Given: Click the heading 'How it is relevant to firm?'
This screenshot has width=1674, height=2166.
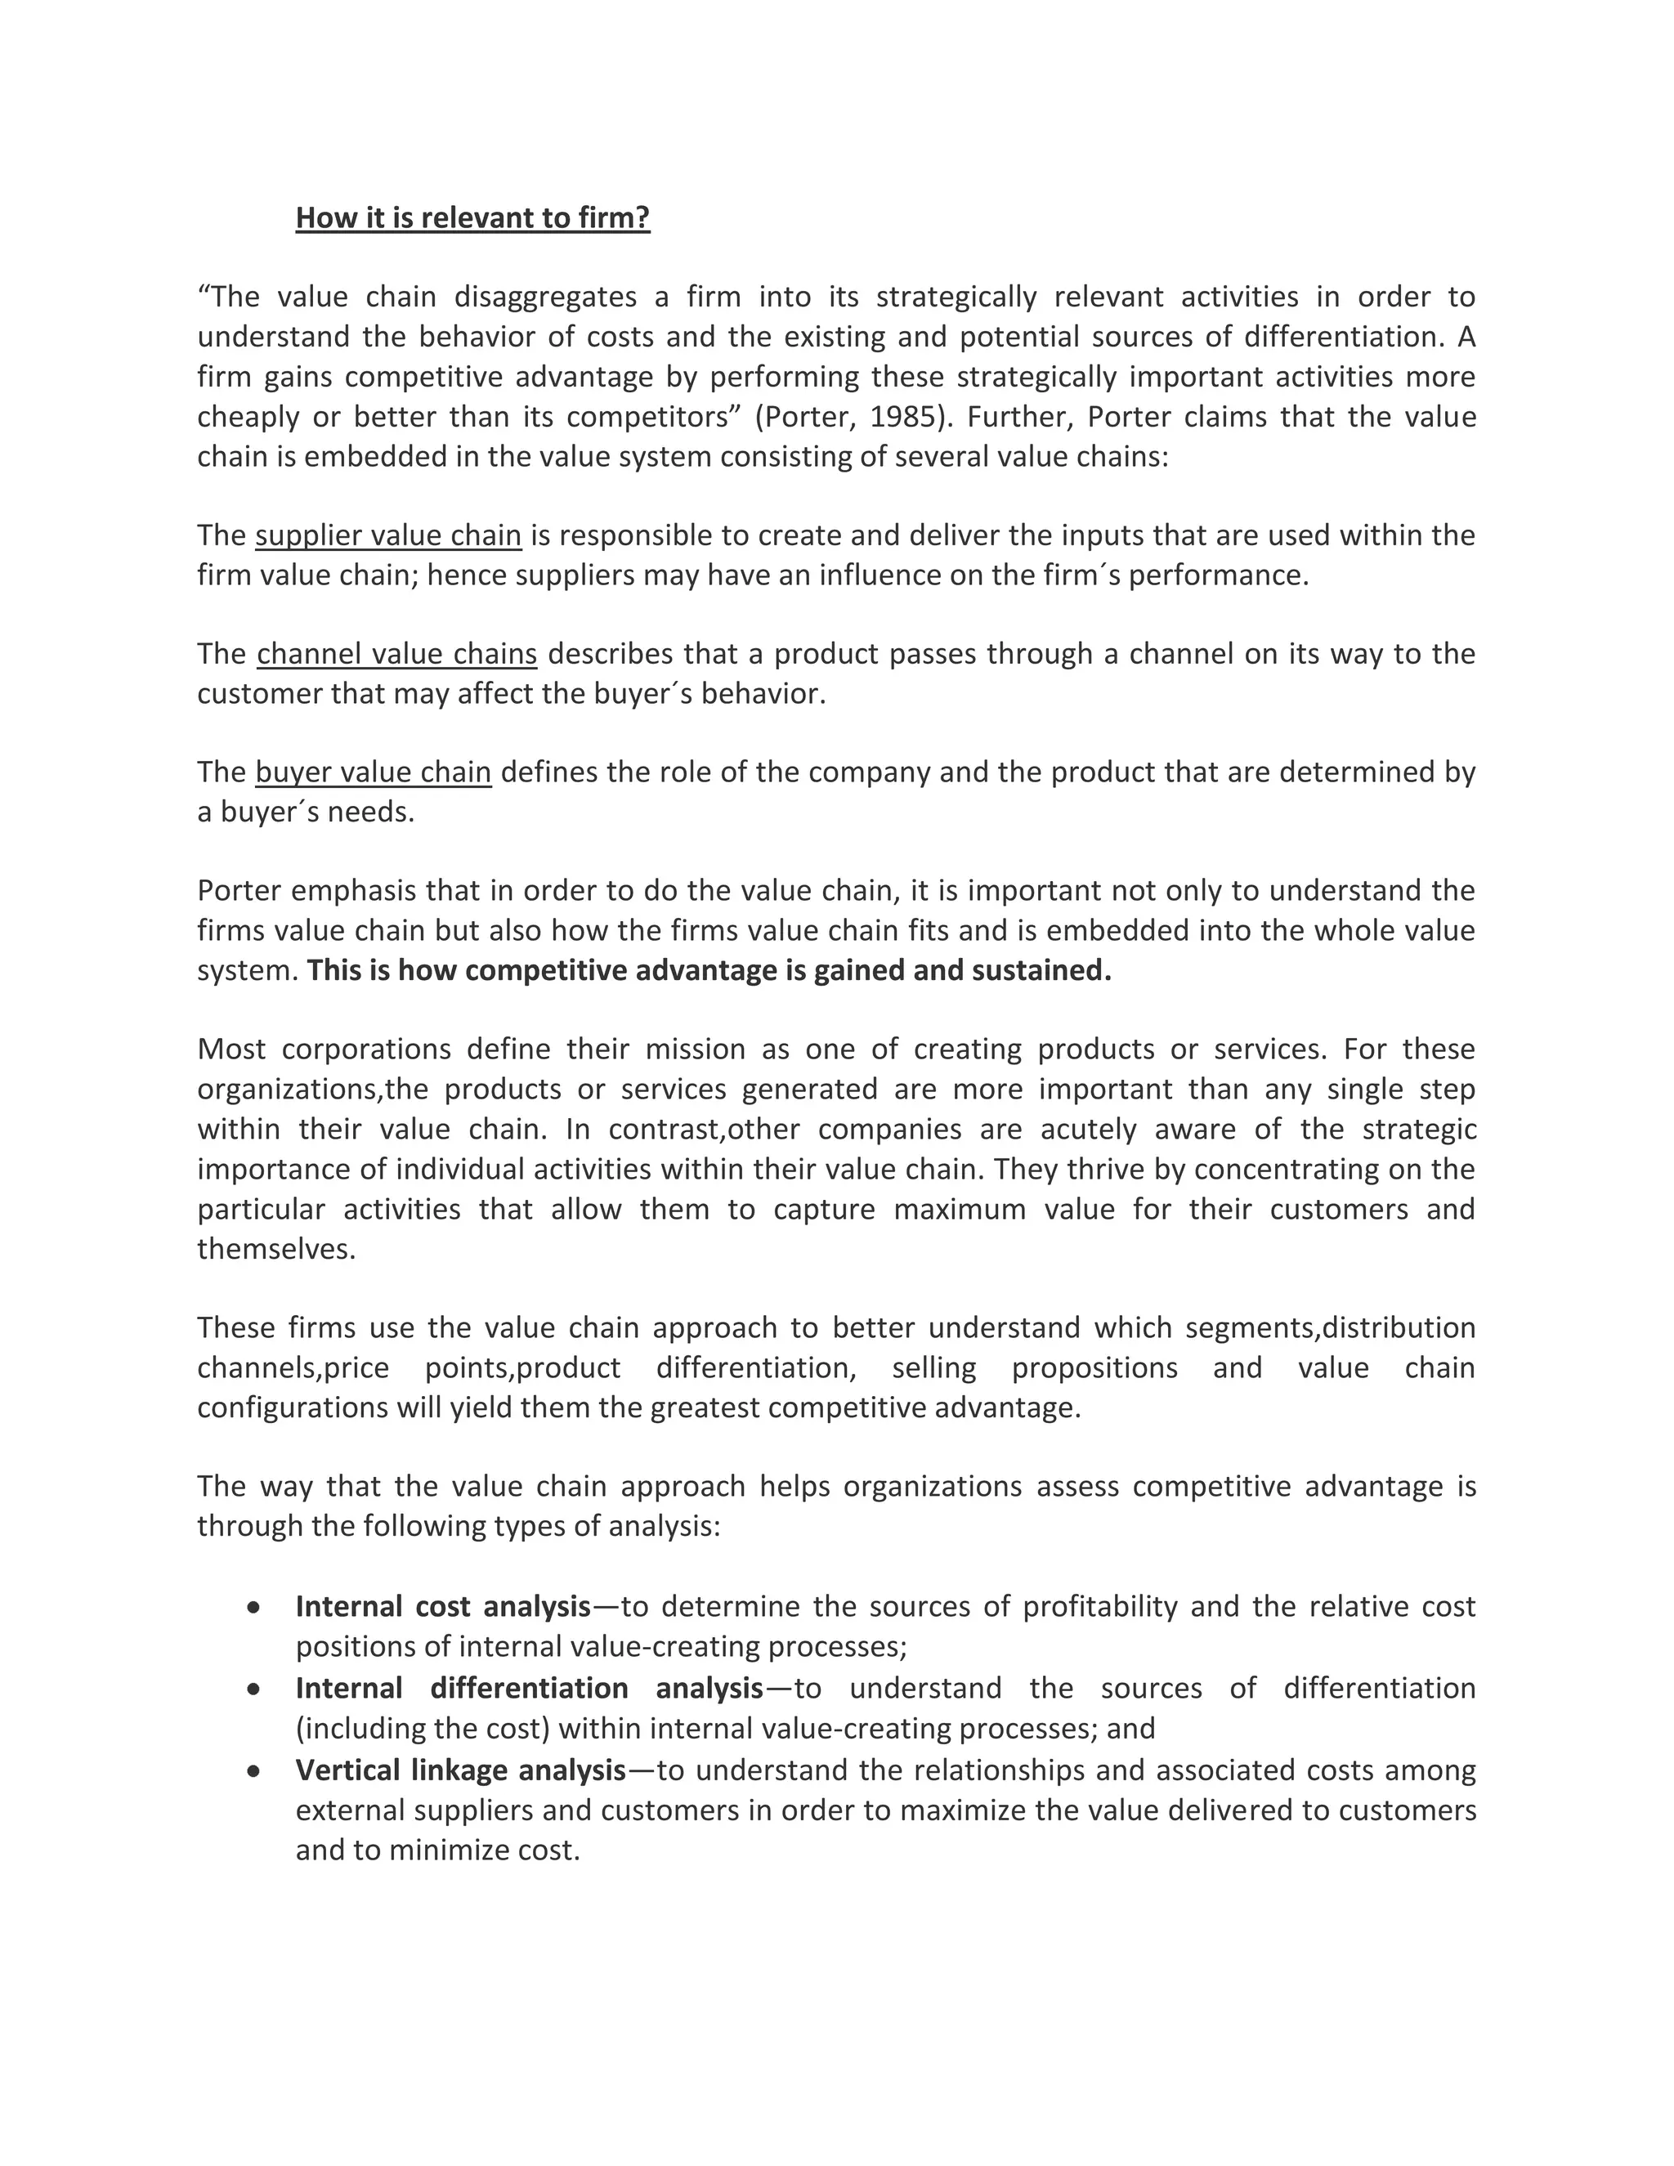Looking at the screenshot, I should click(x=472, y=217).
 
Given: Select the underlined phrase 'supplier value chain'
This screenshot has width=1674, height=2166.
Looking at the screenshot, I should click(x=387, y=535).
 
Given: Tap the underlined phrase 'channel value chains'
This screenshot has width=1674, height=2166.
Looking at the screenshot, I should click(x=396, y=654).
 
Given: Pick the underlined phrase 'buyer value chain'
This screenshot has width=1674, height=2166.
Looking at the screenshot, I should click(x=373, y=772).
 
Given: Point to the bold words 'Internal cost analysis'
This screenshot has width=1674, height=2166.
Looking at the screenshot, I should click(x=442, y=1605).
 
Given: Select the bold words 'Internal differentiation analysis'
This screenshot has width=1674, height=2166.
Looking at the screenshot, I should click(x=529, y=1688).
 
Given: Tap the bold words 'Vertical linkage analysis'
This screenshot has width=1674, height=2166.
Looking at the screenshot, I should click(x=460, y=1770).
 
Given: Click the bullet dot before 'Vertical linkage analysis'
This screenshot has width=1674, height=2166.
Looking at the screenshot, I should click(x=255, y=1770).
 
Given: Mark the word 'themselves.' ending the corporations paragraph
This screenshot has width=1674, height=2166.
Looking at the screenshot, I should click(x=275, y=1249).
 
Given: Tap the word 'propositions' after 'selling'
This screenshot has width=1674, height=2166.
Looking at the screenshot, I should click(x=1094, y=1367).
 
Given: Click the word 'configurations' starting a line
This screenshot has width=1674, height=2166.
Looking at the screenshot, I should click(x=293, y=1408).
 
